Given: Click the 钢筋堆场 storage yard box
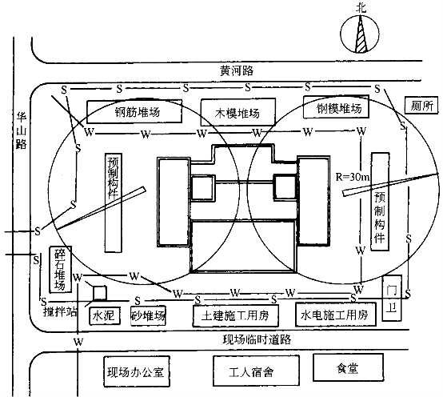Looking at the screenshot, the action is coord(134,111).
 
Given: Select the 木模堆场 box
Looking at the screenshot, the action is coord(237,112).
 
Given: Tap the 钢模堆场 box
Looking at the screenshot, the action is coord(336,106).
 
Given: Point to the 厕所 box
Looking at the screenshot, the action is coord(421,106).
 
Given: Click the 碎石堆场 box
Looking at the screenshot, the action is coord(61,270).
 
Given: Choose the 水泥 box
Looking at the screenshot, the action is coord(105,315).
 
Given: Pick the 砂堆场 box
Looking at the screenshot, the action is coord(148,315).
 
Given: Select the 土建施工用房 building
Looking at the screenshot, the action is coord(235,315).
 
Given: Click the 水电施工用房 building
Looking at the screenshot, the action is coord(336,315).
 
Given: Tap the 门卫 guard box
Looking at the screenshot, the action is coord(392,299).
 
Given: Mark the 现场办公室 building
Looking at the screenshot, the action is coord(137,371).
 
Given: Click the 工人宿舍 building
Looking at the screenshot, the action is coord(256,370).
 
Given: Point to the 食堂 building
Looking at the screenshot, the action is coord(348,367).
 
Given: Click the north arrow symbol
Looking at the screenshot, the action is coord(360,34).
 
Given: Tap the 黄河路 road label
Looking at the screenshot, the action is coord(237,70).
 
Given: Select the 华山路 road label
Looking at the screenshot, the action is coord(21,130).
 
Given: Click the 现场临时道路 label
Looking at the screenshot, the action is coord(257,339).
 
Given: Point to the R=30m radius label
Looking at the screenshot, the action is coord(353,177).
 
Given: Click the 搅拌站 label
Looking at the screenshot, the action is coord(60,311).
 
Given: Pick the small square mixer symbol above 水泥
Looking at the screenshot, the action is coord(100,293).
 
